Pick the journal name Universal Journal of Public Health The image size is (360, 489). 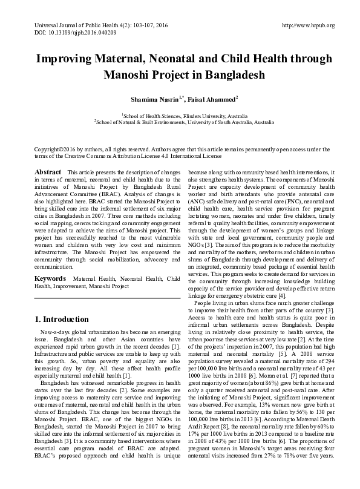pyautogui.click(x=70, y=25)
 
